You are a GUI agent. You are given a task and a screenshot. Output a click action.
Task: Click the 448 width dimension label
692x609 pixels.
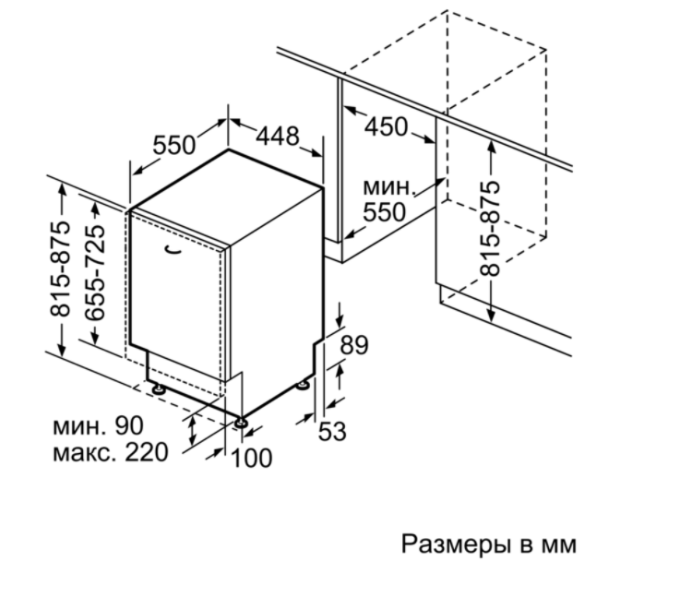(278, 136)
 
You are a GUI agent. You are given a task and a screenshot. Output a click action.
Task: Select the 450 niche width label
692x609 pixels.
(387, 127)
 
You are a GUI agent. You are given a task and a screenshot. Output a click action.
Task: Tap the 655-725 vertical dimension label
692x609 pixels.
(95, 272)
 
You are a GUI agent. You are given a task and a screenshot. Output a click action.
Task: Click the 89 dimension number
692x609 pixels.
(354, 345)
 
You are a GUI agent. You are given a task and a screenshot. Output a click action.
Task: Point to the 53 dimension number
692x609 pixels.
(332, 431)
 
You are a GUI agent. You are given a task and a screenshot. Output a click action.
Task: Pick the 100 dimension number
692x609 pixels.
(251, 458)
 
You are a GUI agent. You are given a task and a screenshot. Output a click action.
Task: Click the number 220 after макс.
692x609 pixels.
(147, 452)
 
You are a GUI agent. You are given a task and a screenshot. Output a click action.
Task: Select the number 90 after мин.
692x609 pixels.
(129, 426)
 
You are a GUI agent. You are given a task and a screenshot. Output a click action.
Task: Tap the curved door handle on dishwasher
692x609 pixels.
(173, 250)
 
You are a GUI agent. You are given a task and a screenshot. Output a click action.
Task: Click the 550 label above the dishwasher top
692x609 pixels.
(173, 145)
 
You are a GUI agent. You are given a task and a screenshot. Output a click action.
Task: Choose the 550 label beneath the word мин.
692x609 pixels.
(384, 212)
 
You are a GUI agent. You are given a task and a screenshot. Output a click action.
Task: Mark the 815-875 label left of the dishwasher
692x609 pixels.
(61, 269)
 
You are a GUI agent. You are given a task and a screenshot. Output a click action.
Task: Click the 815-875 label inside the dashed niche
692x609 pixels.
(490, 229)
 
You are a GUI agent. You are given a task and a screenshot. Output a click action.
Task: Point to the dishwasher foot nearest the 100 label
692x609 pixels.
(241, 423)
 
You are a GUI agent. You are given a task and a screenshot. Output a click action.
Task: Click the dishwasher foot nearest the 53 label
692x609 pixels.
(303, 386)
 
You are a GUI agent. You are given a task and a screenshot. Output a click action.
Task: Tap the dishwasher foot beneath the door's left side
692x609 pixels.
(158, 389)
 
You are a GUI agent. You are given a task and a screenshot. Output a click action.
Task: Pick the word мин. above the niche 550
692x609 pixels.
(389, 187)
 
